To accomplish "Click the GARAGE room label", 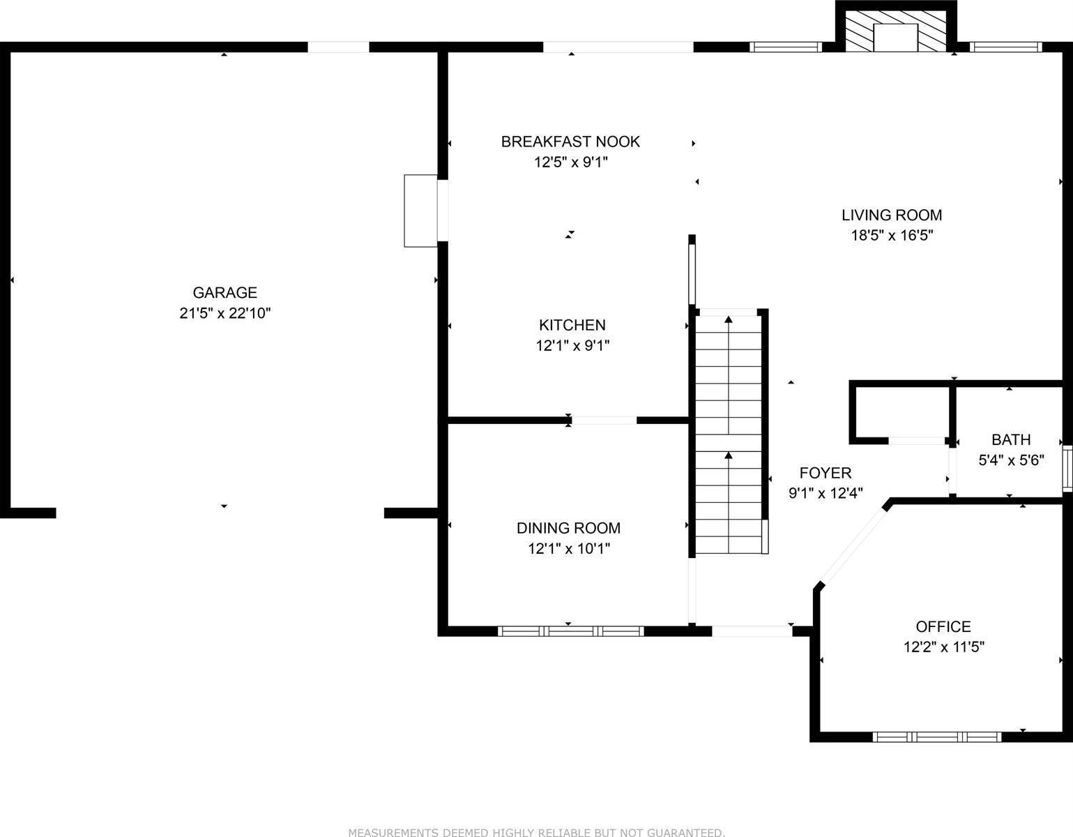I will click(225, 293).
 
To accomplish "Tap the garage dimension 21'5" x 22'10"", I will click(225, 313).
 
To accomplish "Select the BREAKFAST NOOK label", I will click(570, 142).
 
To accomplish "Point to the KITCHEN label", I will click(572, 325).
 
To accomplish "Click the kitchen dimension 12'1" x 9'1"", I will click(572, 345).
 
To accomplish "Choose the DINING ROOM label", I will click(568, 528).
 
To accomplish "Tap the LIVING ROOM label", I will click(892, 215).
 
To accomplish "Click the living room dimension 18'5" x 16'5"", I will click(892, 236).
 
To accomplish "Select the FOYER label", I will click(825, 473).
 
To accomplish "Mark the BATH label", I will click(1011, 439).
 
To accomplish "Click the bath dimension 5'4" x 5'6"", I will click(1011, 460).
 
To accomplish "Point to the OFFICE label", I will click(943, 626).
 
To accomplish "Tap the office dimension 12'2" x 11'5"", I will click(943, 647).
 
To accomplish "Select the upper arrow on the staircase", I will click(729, 321).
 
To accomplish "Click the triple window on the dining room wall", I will click(570, 631).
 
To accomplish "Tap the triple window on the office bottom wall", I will click(937, 737).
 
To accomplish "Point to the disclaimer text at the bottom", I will click(536, 832).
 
